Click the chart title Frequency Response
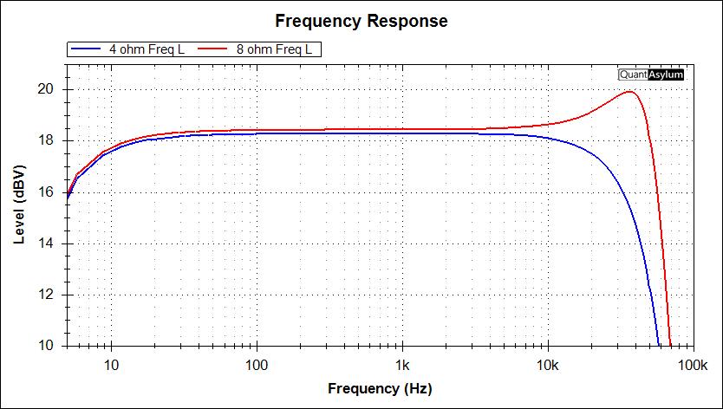(361, 21)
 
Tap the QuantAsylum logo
(651, 75)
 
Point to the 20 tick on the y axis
(46, 89)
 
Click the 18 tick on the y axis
(46, 140)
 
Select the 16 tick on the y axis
(46, 192)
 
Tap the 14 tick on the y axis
(46, 243)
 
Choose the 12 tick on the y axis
(46, 295)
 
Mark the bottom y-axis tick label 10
(46, 346)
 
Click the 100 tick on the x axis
(257, 365)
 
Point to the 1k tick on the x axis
(401, 365)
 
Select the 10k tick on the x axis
(546, 365)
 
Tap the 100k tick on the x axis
(691, 365)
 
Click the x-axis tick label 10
(112, 365)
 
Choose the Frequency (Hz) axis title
(379, 388)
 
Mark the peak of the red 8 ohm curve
(630, 92)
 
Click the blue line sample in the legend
(87, 49)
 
